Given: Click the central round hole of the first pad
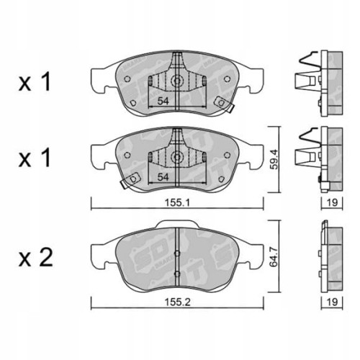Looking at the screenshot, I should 174,81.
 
